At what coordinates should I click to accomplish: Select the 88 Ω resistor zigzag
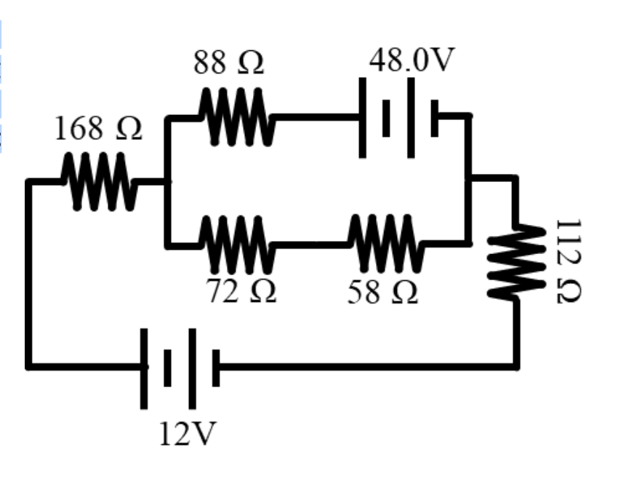(236, 116)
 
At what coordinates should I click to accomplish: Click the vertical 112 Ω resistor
(517, 261)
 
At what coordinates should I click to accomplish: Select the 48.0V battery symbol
(398, 116)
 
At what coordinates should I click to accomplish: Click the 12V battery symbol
(180, 367)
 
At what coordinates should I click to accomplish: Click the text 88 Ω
(228, 65)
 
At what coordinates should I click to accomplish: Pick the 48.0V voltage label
(411, 61)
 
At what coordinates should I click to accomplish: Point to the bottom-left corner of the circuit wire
(29, 365)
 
